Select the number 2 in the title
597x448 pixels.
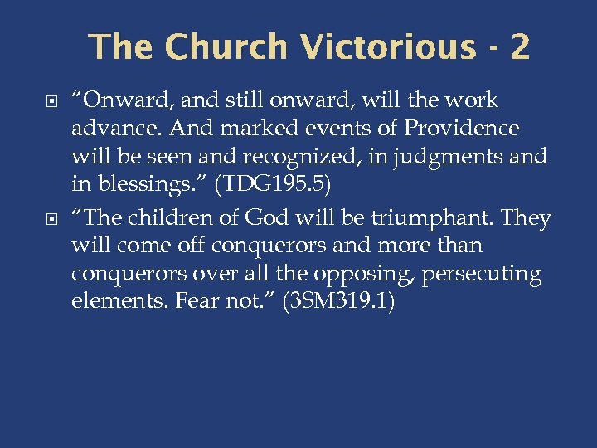[x=520, y=47]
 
